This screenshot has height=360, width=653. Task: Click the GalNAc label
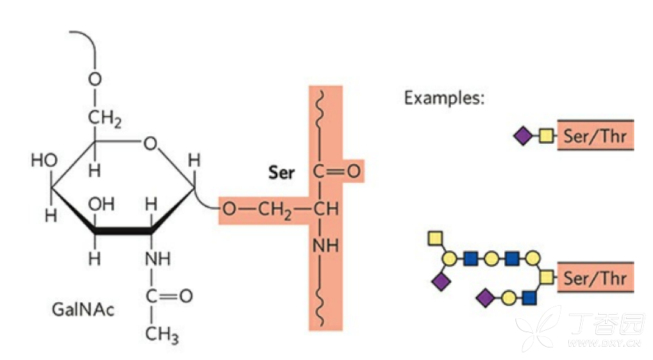pyautogui.click(x=83, y=308)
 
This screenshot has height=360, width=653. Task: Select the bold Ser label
pyautogui.click(x=281, y=172)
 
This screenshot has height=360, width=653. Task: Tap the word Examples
pyautogui.click(x=444, y=97)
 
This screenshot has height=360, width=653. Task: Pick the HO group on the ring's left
pyautogui.click(x=44, y=161)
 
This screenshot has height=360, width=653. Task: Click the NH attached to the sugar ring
pyautogui.click(x=157, y=259)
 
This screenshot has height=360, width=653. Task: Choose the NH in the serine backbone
pyautogui.click(x=324, y=246)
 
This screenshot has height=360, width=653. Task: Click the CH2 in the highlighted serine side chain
pyautogui.click(x=276, y=208)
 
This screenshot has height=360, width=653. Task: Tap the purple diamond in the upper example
pyautogui.click(x=522, y=136)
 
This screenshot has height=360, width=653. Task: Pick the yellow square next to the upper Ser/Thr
pyautogui.click(x=546, y=136)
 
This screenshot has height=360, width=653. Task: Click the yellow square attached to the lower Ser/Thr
pyautogui.click(x=546, y=278)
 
